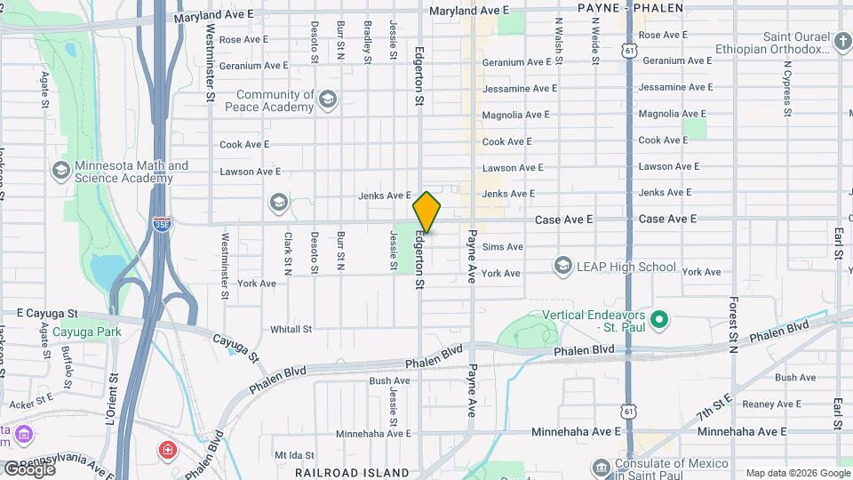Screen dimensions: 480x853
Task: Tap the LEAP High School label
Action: (x=626, y=267)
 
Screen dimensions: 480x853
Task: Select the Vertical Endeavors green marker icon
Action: (x=658, y=318)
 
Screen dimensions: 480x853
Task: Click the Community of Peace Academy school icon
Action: (x=328, y=99)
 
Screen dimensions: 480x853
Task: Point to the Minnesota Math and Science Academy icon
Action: (x=61, y=169)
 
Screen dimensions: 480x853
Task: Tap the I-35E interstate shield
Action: (x=162, y=222)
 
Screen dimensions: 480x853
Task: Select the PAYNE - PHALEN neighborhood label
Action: (x=631, y=8)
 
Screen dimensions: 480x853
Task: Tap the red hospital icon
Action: (x=166, y=452)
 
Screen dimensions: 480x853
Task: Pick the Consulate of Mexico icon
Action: (x=602, y=467)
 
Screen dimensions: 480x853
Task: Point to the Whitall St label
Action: (x=291, y=329)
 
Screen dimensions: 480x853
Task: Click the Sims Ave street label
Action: (x=502, y=246)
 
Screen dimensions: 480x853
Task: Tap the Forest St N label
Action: (x=734, y=325)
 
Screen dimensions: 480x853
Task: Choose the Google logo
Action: (x=29, y=468)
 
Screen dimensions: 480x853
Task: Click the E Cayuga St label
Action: (x=48, y=314)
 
